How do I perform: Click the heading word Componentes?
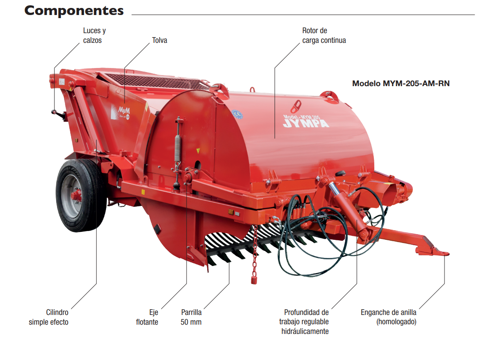click(x=74, y=11)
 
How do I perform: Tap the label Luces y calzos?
click(x=95, y=35)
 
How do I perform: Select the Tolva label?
click(x=160, y=40)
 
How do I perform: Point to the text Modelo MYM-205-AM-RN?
click(x=400, y=83)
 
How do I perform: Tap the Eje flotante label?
click(x=148, y=317)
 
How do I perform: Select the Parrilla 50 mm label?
click(x=191, y=317)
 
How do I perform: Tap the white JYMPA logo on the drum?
click(x=306, y=122)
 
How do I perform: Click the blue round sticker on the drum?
click(x=238, y=114)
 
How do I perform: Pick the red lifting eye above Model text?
click(x=296, y=106)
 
